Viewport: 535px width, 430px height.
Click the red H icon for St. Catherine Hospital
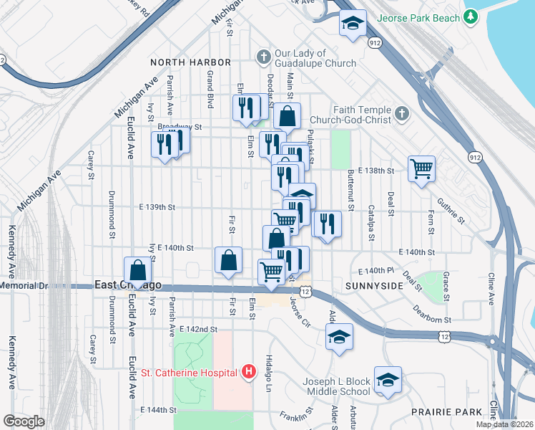click(x=249, y=371)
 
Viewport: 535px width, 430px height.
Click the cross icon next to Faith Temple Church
click(x=402, y=114)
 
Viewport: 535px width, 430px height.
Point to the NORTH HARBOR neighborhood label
click(x=190, y=63)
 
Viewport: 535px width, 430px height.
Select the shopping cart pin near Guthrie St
click(x=422, y=169)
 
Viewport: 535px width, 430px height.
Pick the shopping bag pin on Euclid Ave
click(x=138, y=271)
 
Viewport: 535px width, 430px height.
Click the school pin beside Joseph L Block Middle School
click(x=388, y=380)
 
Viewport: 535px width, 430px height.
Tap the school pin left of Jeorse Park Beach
click(x=352, y=23)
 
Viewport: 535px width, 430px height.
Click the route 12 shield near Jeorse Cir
click(x=305, y=292)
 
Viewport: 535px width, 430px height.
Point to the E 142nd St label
click(x=198, y=329)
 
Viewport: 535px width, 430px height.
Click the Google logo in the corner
click(x=24, y=421)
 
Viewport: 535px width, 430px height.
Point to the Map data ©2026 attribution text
click(x=504, y=424)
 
